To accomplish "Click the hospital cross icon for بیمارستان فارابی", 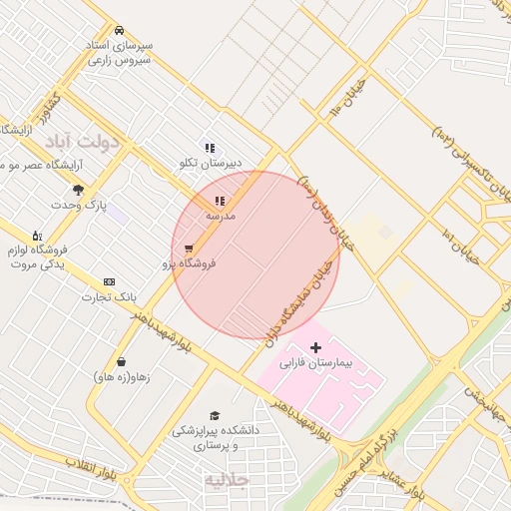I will [x=316, y=347].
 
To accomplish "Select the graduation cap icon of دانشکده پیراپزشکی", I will [x=215, y=416].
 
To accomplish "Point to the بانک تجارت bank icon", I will [x=109, y=282].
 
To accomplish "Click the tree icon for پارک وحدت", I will [x=79, y=190].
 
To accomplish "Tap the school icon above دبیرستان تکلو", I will [x=210, y=148].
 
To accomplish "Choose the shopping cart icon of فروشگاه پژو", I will [x=189, y=250].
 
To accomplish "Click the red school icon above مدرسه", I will [x=220, y=202].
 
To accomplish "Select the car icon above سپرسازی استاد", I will [x=120, y=30].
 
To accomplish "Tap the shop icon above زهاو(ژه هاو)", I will [x=121, y=361].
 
